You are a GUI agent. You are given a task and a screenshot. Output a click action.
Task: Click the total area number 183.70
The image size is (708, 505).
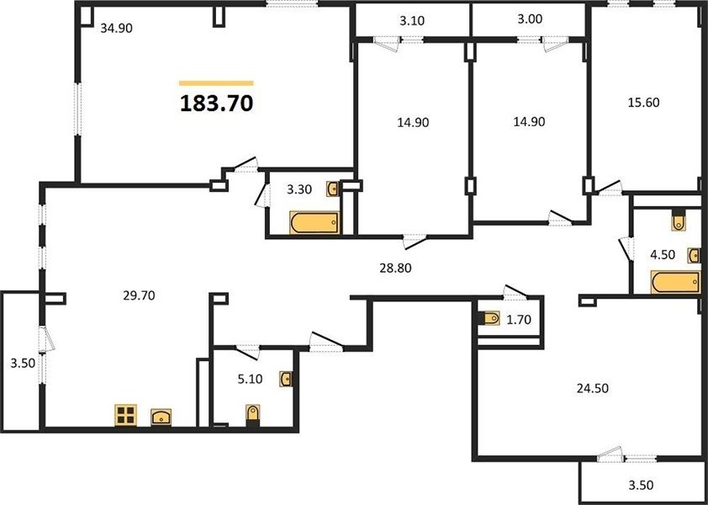pyautogui.click(x=216, y=103)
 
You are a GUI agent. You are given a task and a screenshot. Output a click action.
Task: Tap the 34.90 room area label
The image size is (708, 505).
pyautogui.click(x=117, y=29)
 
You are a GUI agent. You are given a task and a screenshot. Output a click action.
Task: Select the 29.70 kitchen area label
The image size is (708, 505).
pyautogui.click(x=139, y=295)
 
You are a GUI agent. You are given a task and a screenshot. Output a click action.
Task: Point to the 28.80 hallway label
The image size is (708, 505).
pyautogui.click(x=395, y=268)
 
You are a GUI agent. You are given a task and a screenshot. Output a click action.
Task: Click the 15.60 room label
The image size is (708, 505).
pyautogui.click(x=643, y=103)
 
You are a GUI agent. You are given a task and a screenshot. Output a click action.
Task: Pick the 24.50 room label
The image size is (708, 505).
pyautogui.click(x=593, y=388)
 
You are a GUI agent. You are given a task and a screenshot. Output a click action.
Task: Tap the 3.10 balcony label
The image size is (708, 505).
pyautogui.click(x=412, y=20)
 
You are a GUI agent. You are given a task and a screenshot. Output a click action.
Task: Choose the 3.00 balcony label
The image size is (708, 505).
pyautogui.click(x=530, y=19)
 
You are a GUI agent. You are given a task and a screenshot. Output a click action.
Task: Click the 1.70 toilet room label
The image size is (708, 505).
pyautogui.click(x=518, y=320)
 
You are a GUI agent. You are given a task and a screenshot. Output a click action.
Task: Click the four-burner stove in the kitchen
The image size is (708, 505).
pyautogui.click(x=125, y=415)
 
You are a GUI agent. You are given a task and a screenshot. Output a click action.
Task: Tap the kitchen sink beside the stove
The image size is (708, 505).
pyautogui.click(x=161, y=417)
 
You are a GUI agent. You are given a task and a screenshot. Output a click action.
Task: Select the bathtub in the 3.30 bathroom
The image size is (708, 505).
pyautogui.click(x=314, y=223)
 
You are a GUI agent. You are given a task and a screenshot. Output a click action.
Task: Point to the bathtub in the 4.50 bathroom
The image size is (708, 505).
pyautogui.click(x=675, y=282)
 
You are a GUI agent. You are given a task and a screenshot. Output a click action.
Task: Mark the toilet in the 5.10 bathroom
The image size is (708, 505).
pyautogui.click(x=253, y=415)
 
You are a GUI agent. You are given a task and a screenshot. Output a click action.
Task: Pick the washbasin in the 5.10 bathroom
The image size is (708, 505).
pyautogui.click(x=286, y=379)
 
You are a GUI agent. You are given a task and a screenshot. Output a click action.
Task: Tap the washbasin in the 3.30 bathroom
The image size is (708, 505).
pyautogui.click(x=333, y=189)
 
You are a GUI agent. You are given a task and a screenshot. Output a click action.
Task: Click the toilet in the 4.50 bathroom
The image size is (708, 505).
pyautogui.click(x=679, y=221)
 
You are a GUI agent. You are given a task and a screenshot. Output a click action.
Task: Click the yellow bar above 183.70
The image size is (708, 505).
pyautogui.click(x=216, y=83)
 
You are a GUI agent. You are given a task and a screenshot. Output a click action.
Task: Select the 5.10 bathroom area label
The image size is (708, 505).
pyautogui.click(x=250, y=379)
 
